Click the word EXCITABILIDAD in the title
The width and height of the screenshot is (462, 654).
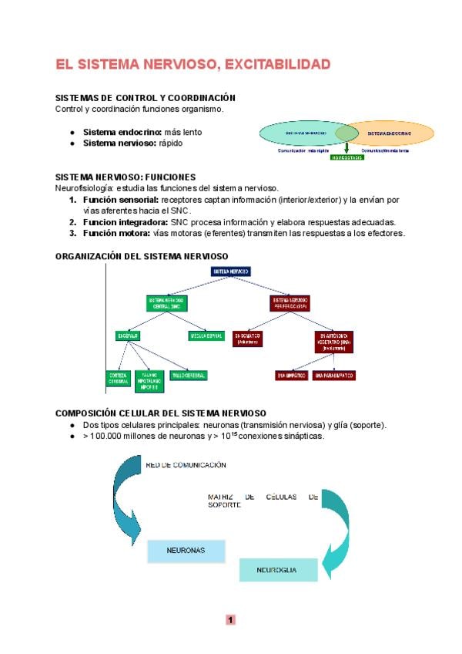click(275, 64)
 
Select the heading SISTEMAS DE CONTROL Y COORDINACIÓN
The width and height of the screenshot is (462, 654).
click(145, 98)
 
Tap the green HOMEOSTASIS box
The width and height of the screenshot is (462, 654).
click(346, 157)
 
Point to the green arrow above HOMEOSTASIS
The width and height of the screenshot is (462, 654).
click(346, 147)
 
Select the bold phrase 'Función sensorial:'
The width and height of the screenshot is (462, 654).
click(115, 200)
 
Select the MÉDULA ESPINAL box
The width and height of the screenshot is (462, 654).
click(206, 336)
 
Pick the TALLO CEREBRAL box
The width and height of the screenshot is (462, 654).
click(189, 375)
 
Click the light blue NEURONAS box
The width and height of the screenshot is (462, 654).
click(186, 551)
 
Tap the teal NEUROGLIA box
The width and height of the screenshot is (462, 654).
click(278, 570)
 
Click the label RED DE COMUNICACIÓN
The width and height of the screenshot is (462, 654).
click(186, 465)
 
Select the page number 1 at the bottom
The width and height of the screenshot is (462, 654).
click(230, 619)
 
